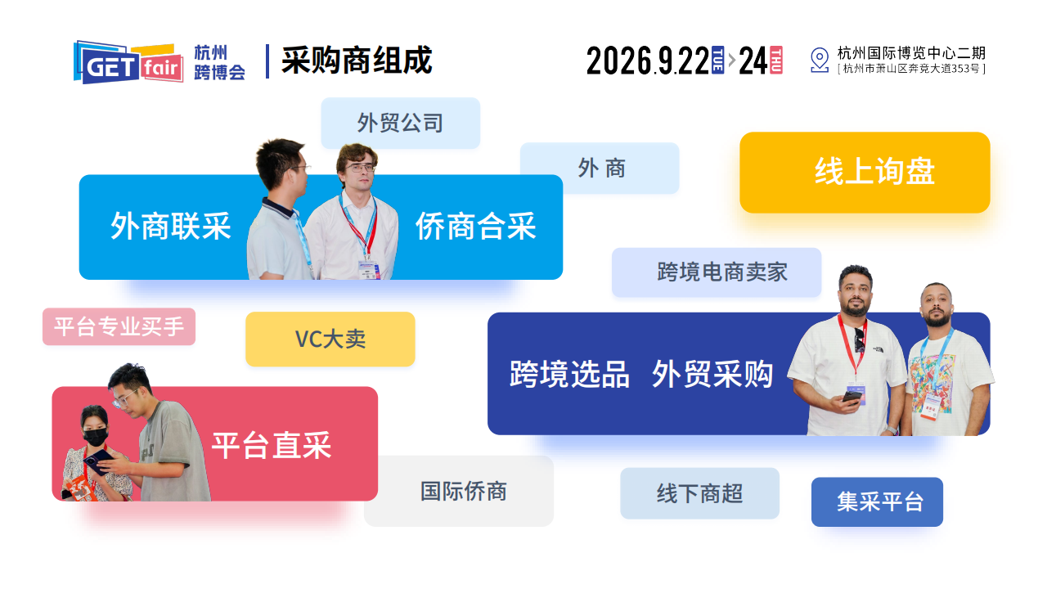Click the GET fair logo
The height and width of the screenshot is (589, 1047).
click(x=128, y=62)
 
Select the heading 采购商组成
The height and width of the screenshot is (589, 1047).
click(x=357, y=61)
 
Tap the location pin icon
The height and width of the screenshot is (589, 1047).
click(x=819, y=61)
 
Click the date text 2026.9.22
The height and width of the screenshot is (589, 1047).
click(x=647, y=61)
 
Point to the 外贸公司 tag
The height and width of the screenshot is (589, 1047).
click(x=400, y=123)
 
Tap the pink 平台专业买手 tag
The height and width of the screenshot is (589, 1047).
click(x=119, y=326)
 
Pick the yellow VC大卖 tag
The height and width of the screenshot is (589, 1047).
click(x=330, y=339)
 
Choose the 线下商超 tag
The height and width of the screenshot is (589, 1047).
click(x=699, y=493)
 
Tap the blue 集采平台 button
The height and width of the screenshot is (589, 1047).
click(x=877, y=501)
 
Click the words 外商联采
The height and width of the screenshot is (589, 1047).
click(x=171, y=227)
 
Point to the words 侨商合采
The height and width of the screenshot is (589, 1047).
click(x=475, y=227)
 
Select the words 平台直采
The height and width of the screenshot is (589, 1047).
click(x=272, y=446)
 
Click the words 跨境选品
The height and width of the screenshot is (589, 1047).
click(x=569, y=374)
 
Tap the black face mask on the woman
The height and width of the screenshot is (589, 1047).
click(x=97, y=438)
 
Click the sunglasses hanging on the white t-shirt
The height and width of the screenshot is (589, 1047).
click(x=860, y=340)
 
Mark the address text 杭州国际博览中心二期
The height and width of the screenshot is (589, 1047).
click(x=911, y=53)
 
